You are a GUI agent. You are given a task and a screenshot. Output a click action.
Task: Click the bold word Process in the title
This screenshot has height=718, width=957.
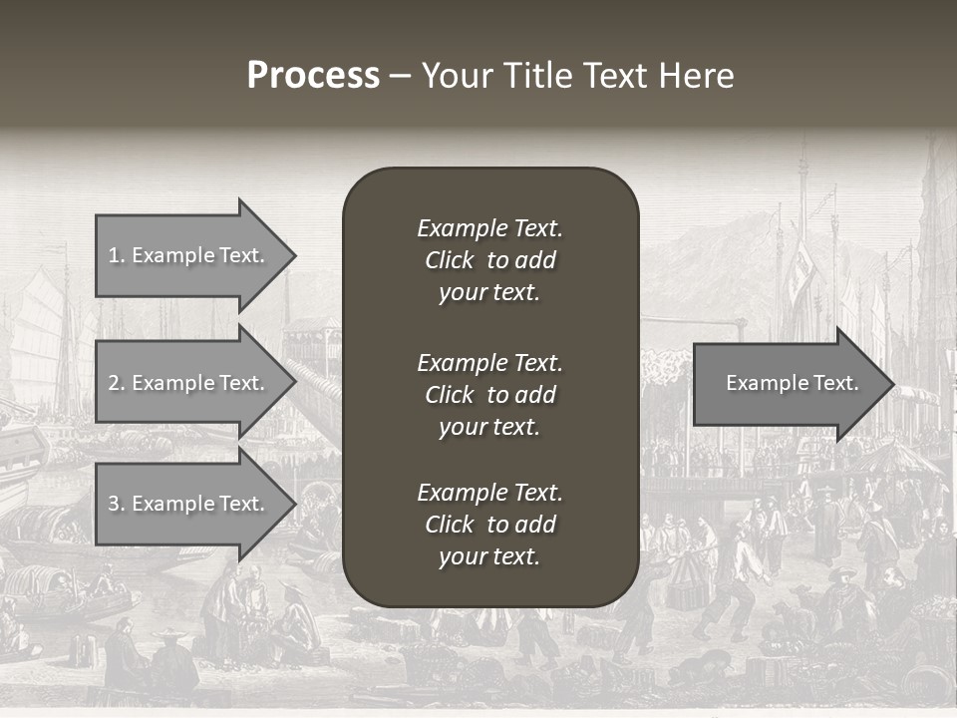pyautogui.click(x=313, y=76)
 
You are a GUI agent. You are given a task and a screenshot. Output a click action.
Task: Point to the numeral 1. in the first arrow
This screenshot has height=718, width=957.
pyautogui.click(x=116, y=255)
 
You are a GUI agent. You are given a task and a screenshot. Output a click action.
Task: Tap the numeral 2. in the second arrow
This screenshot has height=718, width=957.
pyautogui.click(x=116, y=383)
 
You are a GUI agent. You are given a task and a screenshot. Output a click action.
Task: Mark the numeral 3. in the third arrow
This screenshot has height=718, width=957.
pyautogui.click(x=116, y=504)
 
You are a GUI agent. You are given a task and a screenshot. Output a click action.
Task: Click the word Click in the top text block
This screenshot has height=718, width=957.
pyautogui.click(x=449, y=260)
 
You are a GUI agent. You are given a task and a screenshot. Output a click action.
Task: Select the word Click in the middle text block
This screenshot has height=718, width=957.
pyautogui.click(x=449, y=395)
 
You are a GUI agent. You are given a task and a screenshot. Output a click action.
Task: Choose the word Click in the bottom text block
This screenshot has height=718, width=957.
pyautogui.click(x=449, y=525)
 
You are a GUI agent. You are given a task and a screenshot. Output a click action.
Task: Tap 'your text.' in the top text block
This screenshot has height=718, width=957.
pyautogui.click(x=488, y=293)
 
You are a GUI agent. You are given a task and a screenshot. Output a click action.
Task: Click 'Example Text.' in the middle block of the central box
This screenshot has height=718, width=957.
pyautogui.click(x=489, y=362)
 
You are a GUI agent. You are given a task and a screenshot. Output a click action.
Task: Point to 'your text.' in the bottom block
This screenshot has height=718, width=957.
pyautogui.click(x=488, y=557)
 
